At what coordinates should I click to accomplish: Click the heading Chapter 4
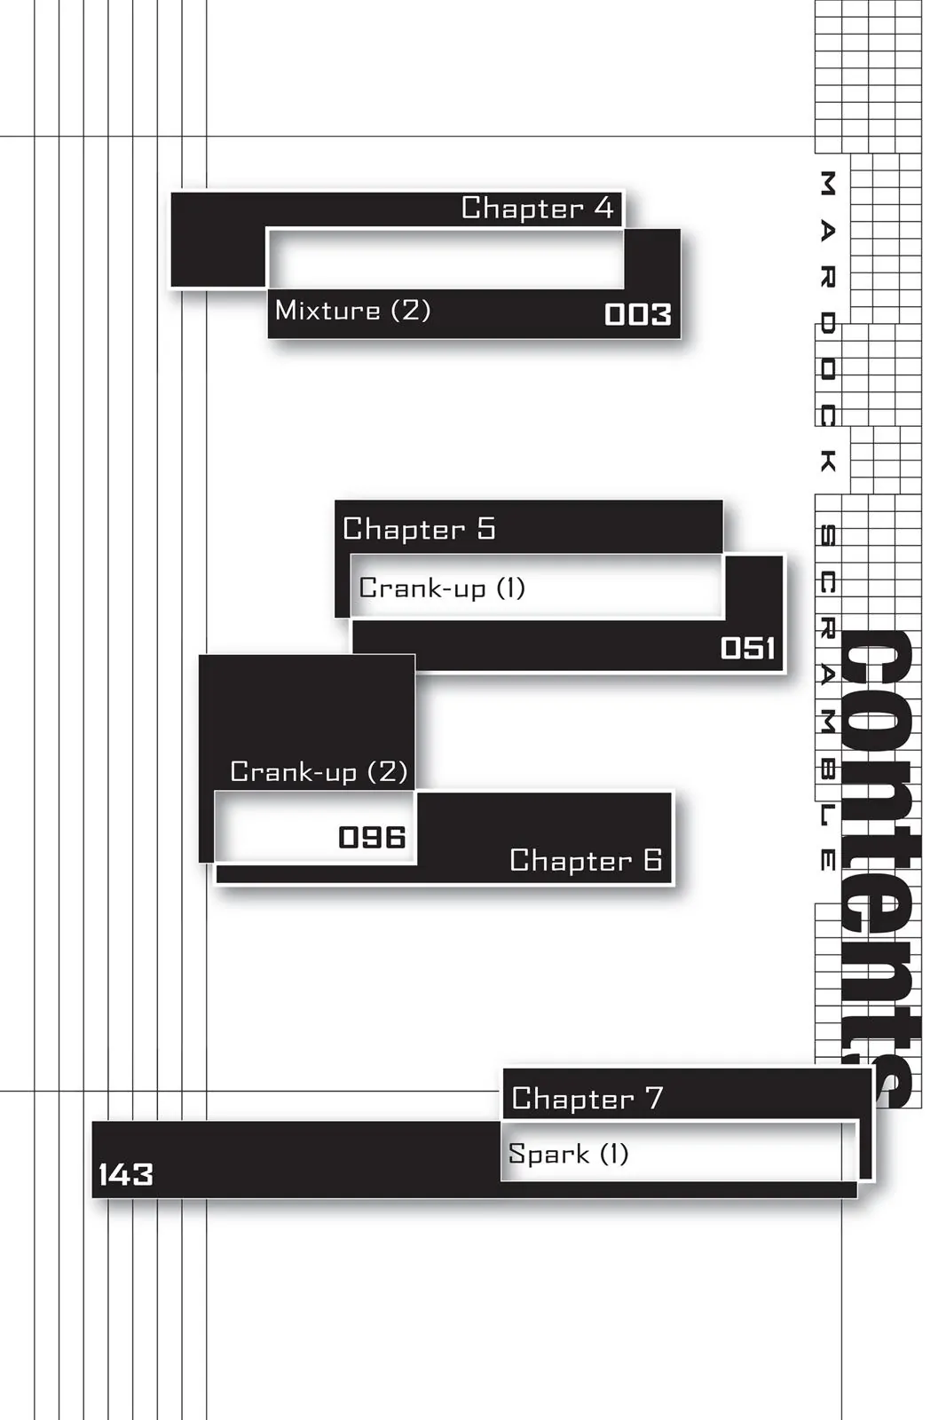pyautogui.click(x=537, y=209)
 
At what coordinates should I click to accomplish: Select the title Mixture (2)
pyautogui.click(x=352, y=311)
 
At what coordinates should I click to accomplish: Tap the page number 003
pyautogui.click(x=637, y=314)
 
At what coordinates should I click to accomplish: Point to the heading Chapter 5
pyautogui.click(x=419, y=529)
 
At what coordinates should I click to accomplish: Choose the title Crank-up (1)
pyautogui.click(x=442, y=588)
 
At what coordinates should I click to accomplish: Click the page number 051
pyautogui.click(x=747, y=648)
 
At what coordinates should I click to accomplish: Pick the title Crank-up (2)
pyautogui.click(x=319, y=771)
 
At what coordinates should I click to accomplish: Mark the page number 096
pyautogui.click(x=372, y=837)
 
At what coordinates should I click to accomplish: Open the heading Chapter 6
pyautogui.click(x=586, y=860)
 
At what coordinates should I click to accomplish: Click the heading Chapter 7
pyautogui.click(x=587, y=1099)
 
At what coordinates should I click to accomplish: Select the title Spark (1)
pyautogui.click(x=568, y=1154)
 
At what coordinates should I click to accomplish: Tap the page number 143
pyautogui.click(x=125, y=1175)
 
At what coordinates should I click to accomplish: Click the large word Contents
pyautogui.click(x=879, y=870)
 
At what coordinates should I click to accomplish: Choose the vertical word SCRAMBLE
pyautogui.click(x=827, y=698)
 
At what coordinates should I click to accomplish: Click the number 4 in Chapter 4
pyautogui.click(x=603, y=208)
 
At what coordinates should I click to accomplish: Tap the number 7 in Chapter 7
pyautogui.click(x=654, y=1098)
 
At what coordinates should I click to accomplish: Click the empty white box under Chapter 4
pyautogui.click(x=445, y=259)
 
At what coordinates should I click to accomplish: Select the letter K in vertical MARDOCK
pyautogui.click(x=827, y=461)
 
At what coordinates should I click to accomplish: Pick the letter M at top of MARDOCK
pyautogui.click(x=827, y=184)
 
